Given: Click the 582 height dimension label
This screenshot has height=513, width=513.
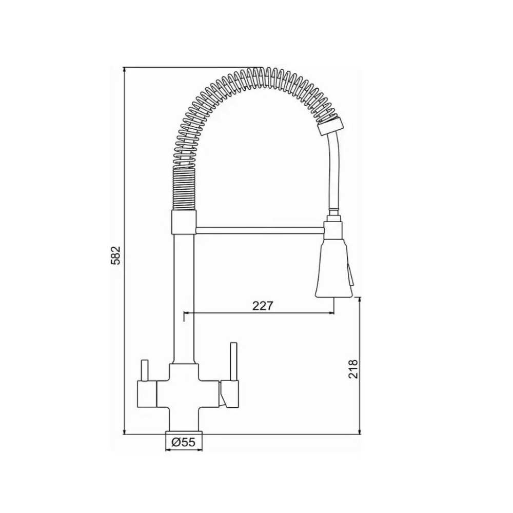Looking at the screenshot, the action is (x=116, y=255).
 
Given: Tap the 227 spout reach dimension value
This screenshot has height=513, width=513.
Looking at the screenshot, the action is (x=262, y=305).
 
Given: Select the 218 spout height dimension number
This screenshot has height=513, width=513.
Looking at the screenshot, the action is (x=353, y=369).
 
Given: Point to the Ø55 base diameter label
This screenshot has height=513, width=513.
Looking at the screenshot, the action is (x=183, y=442).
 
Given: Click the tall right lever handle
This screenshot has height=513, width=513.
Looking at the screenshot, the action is (x=233, y=362).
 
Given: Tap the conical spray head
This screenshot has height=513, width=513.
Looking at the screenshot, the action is (x=333, y=268).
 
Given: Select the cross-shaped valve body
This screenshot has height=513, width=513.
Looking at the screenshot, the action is (x=184, y=397).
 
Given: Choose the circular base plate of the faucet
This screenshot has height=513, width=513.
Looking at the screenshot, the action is (x=184, y=432).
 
